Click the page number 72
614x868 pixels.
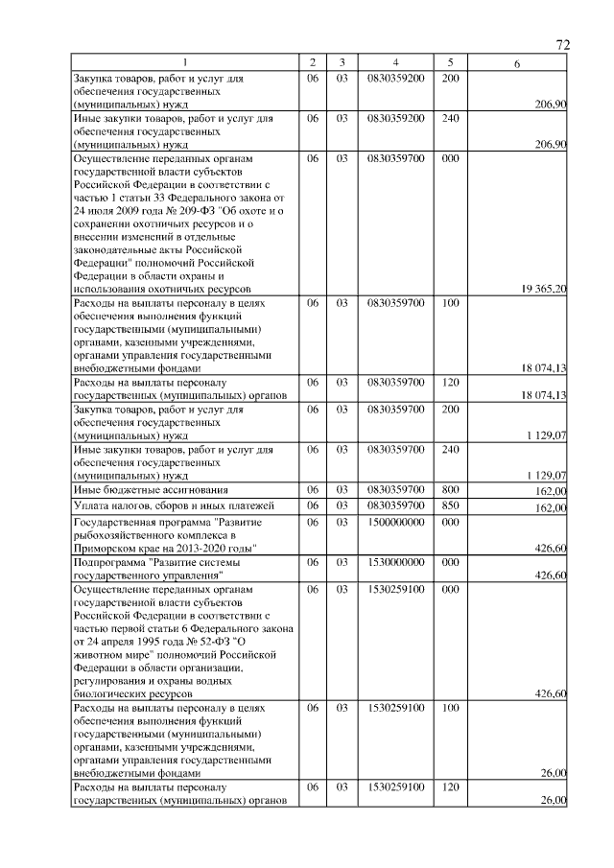click(563, 45)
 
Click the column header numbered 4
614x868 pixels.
click(394, 62)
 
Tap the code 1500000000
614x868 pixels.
click(395, 523)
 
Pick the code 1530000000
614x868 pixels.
click(395, 563)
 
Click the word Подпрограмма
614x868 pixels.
click(108, 563)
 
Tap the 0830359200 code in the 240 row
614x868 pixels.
click(395, 118)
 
